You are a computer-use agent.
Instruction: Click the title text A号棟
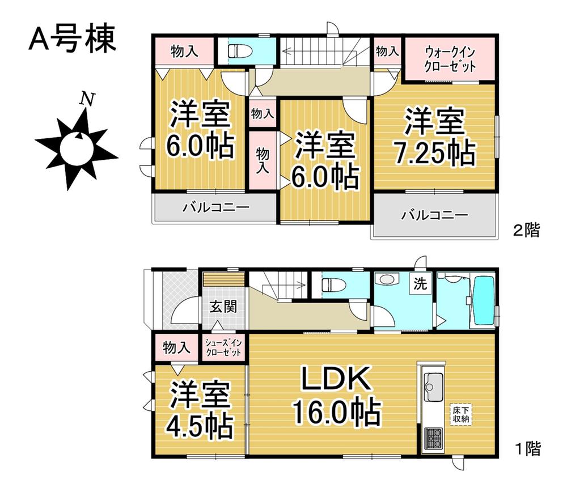click(72, 40)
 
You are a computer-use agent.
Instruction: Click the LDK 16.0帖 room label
click(335, 396)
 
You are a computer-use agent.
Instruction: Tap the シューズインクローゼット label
click(223, 347)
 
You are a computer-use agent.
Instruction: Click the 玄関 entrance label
click(223, 307)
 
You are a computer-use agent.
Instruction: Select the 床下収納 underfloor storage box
click(460, 413)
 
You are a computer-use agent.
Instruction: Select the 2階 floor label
click(527, 231)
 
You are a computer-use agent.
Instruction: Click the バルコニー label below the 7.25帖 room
click(435, 215)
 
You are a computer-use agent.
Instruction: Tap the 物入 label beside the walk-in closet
click(387, 52)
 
